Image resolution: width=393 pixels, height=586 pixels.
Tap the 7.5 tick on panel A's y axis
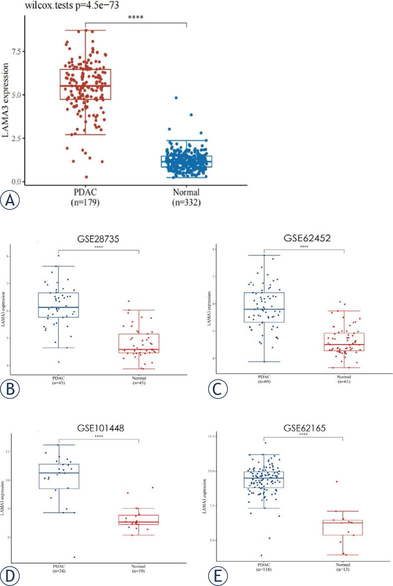[x=16, y=51]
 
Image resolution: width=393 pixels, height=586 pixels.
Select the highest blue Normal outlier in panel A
[x=176, y=98]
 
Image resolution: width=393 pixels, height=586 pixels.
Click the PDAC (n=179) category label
[x=85, y=197]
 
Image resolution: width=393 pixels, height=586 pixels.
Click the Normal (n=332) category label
[x=186, y=197]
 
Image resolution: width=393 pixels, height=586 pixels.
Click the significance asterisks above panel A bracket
[x=136, y=17]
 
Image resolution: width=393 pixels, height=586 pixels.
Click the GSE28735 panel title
[x=99, y=239]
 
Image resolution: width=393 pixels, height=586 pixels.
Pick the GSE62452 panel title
[x=307, y=238]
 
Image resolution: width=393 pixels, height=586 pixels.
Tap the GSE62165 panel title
[x=305, y=428]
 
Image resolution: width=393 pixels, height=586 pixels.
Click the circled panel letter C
[x=218, y=389]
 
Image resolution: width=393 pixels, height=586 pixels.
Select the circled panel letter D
[x=10, y=576]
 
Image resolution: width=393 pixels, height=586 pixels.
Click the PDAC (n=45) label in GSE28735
[x=58, y=380]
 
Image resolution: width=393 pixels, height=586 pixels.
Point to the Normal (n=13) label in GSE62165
[x=343, y=567]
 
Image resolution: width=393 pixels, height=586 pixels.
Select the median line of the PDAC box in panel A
[x=85, y=86]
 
